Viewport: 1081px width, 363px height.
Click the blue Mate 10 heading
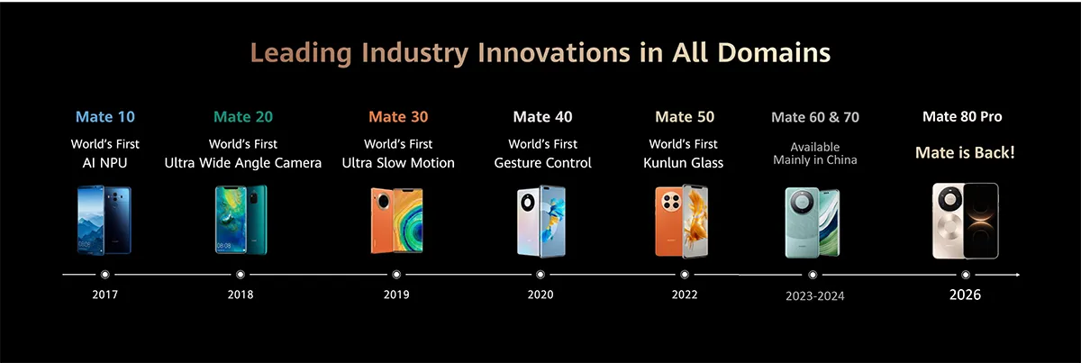click(x=105, y=117)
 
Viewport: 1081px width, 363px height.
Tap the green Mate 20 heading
click(x=243, y=117)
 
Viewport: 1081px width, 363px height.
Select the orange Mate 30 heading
click(x=398, y=117)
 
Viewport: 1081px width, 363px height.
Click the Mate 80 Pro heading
click(x=962, y=117)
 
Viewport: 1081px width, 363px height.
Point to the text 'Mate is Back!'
click(x=965, y=153)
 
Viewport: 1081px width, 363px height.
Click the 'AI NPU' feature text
click(x=105, y=163)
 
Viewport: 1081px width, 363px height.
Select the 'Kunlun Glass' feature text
click(x=683, y=163)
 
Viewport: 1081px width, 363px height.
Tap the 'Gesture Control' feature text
click(x=543, y=163)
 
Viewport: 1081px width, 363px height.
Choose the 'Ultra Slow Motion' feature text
click(x=398, y=163)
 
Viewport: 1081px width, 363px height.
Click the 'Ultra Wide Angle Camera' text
click(x=242, y=163)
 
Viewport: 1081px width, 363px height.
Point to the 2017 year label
click(x=104, y=295)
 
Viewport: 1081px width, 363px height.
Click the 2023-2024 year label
click(x=815, y=295)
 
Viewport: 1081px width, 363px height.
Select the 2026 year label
click(x=965, y=295)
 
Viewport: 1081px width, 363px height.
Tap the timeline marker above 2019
click(x=396, y=274)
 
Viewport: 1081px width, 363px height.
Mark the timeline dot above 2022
click(x=685, y=274)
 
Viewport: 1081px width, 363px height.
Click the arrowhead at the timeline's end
click(x=1016, y=274)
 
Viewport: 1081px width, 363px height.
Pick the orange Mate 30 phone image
click(x=396, y=222)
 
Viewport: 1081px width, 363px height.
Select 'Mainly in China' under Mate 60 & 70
click(x=815, y=160)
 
